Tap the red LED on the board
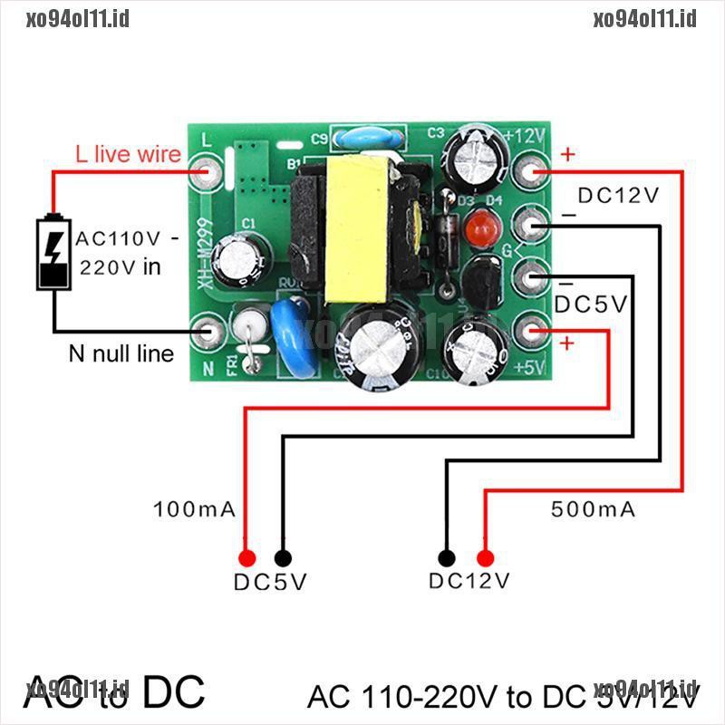tap(476, 227)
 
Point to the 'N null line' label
tap(121, 353)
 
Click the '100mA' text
tap(195, 509)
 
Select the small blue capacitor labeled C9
tap(358, 140)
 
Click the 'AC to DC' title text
tap(114, 692)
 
